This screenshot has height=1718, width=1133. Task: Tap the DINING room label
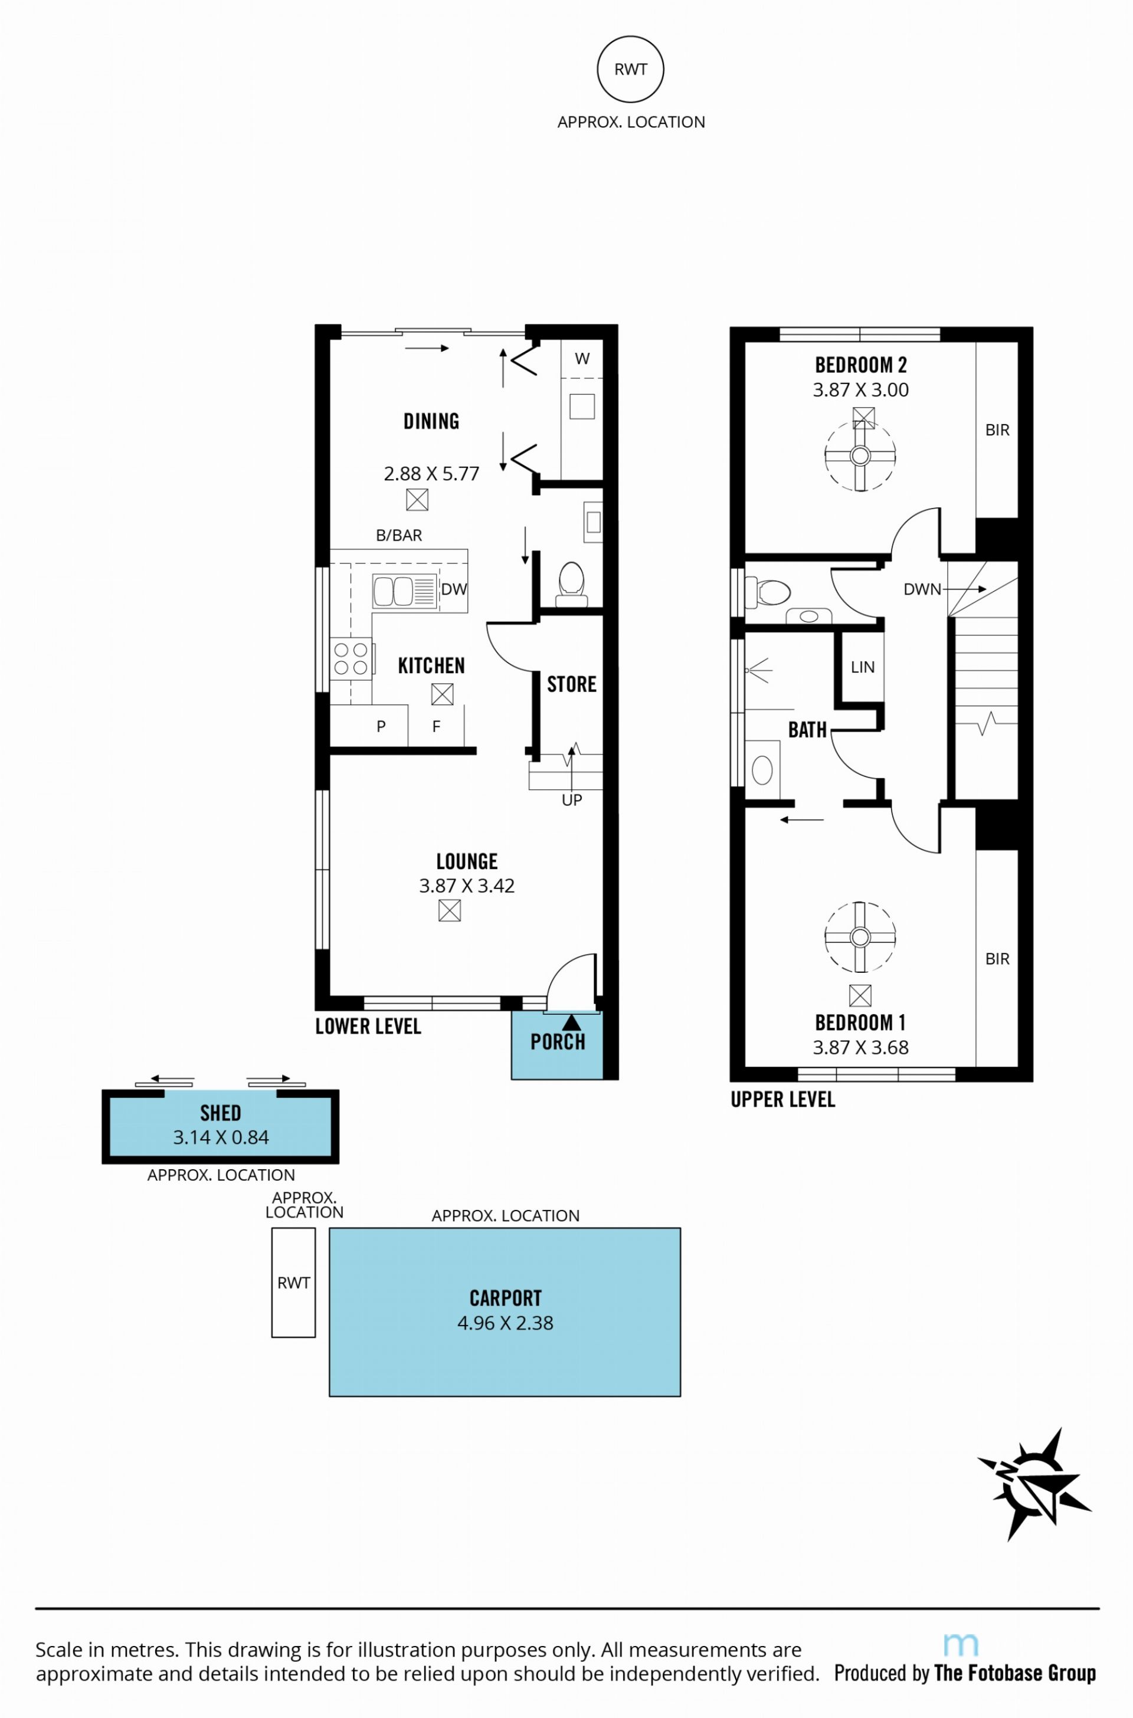click(431, 421)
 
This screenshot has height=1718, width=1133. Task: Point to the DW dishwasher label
click(454, 589)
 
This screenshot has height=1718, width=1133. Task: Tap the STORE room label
click(572, 684)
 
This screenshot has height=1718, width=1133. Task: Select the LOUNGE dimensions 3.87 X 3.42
click(467, 886)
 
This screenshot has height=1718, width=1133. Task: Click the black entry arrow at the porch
click(572, 1022)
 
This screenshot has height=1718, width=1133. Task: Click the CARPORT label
click(505, 1299)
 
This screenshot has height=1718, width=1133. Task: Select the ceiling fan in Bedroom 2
click(860, 456)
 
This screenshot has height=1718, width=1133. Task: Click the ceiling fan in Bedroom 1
click(860, 937)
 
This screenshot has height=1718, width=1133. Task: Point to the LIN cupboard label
click(863, 667)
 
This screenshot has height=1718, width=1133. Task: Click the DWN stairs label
click(922, 589)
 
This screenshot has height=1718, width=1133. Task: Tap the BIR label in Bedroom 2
click(997, 430)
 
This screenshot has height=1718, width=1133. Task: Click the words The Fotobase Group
click(1015, 1673)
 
